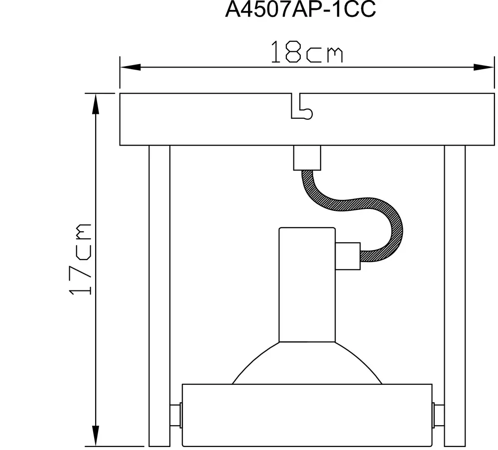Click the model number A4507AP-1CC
tap(300, 11)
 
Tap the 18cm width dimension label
tap(306, 53)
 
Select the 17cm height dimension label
tap(81, 259)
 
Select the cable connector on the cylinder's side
tap(348, 256)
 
